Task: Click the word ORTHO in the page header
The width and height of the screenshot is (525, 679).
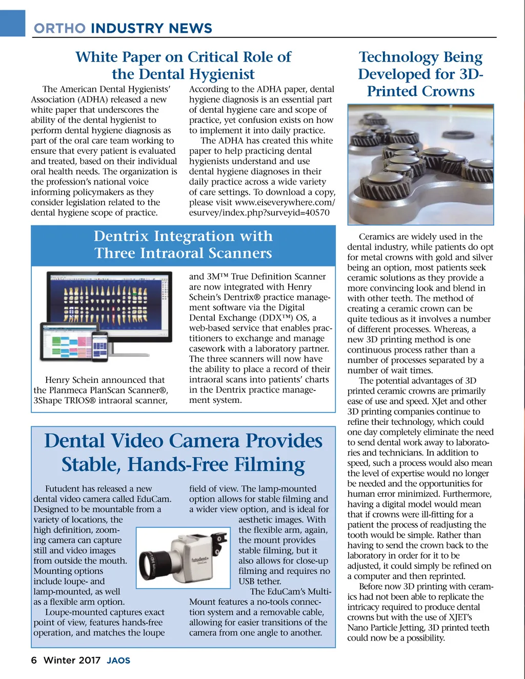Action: (59, 28)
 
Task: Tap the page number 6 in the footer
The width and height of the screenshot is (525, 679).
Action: (34, 660)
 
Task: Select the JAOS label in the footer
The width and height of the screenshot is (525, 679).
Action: (118, 661)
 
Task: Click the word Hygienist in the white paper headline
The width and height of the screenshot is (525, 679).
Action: (221, 74)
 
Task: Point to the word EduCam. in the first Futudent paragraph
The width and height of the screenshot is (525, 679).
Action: (154, 499)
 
